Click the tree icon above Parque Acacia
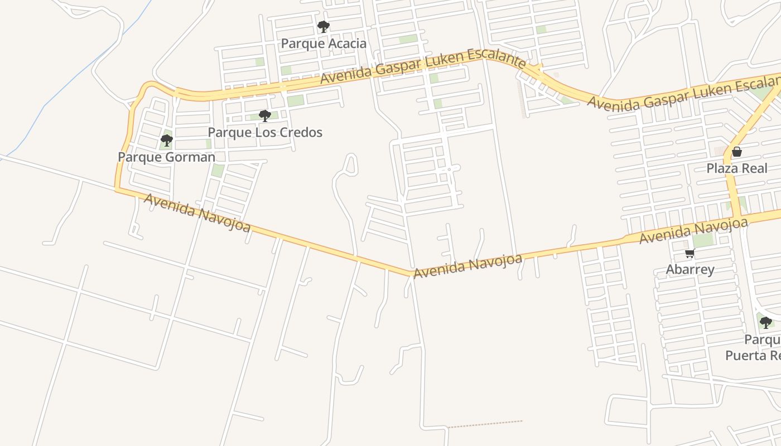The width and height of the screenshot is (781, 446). [x=323, y=26]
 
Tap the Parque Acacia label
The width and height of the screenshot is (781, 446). [x=324, y=43]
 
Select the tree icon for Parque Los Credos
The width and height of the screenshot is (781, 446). [x=265, y=116]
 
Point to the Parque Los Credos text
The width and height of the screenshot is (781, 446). [x=265, y=133]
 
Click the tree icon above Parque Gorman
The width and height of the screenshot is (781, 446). [x=166, y=140]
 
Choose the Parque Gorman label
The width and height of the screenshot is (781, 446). [x=166, y=157]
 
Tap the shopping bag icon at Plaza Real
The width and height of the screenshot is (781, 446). [x=737, y=152]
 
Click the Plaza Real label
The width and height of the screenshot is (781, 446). [x=737, y=168]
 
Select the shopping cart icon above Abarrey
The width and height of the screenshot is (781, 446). [x=690, y=254]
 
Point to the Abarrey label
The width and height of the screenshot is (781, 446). [x=690, y=270]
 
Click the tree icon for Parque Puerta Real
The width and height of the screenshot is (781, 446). [x=766, y=322]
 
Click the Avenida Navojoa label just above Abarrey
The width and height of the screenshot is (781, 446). [x=693, y=231]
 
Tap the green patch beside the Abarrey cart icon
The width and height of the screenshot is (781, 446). [x=703, y=240]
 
